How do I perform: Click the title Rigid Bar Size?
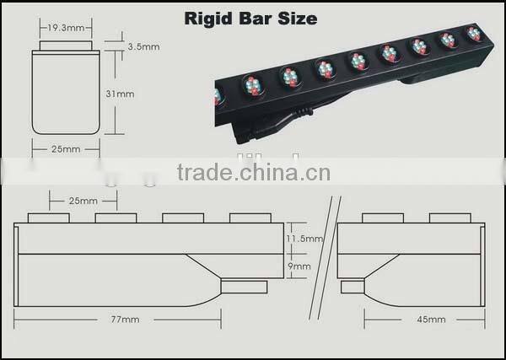tap(250, 18)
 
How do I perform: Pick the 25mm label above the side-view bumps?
tap(82, 201)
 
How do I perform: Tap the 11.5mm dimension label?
tap(304, 239)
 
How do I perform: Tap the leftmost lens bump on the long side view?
tap(48, 218)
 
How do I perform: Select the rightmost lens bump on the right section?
tap(449, 218)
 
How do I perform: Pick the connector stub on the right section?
tap(352, 287)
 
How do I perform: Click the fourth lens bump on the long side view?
tap(250, 218)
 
